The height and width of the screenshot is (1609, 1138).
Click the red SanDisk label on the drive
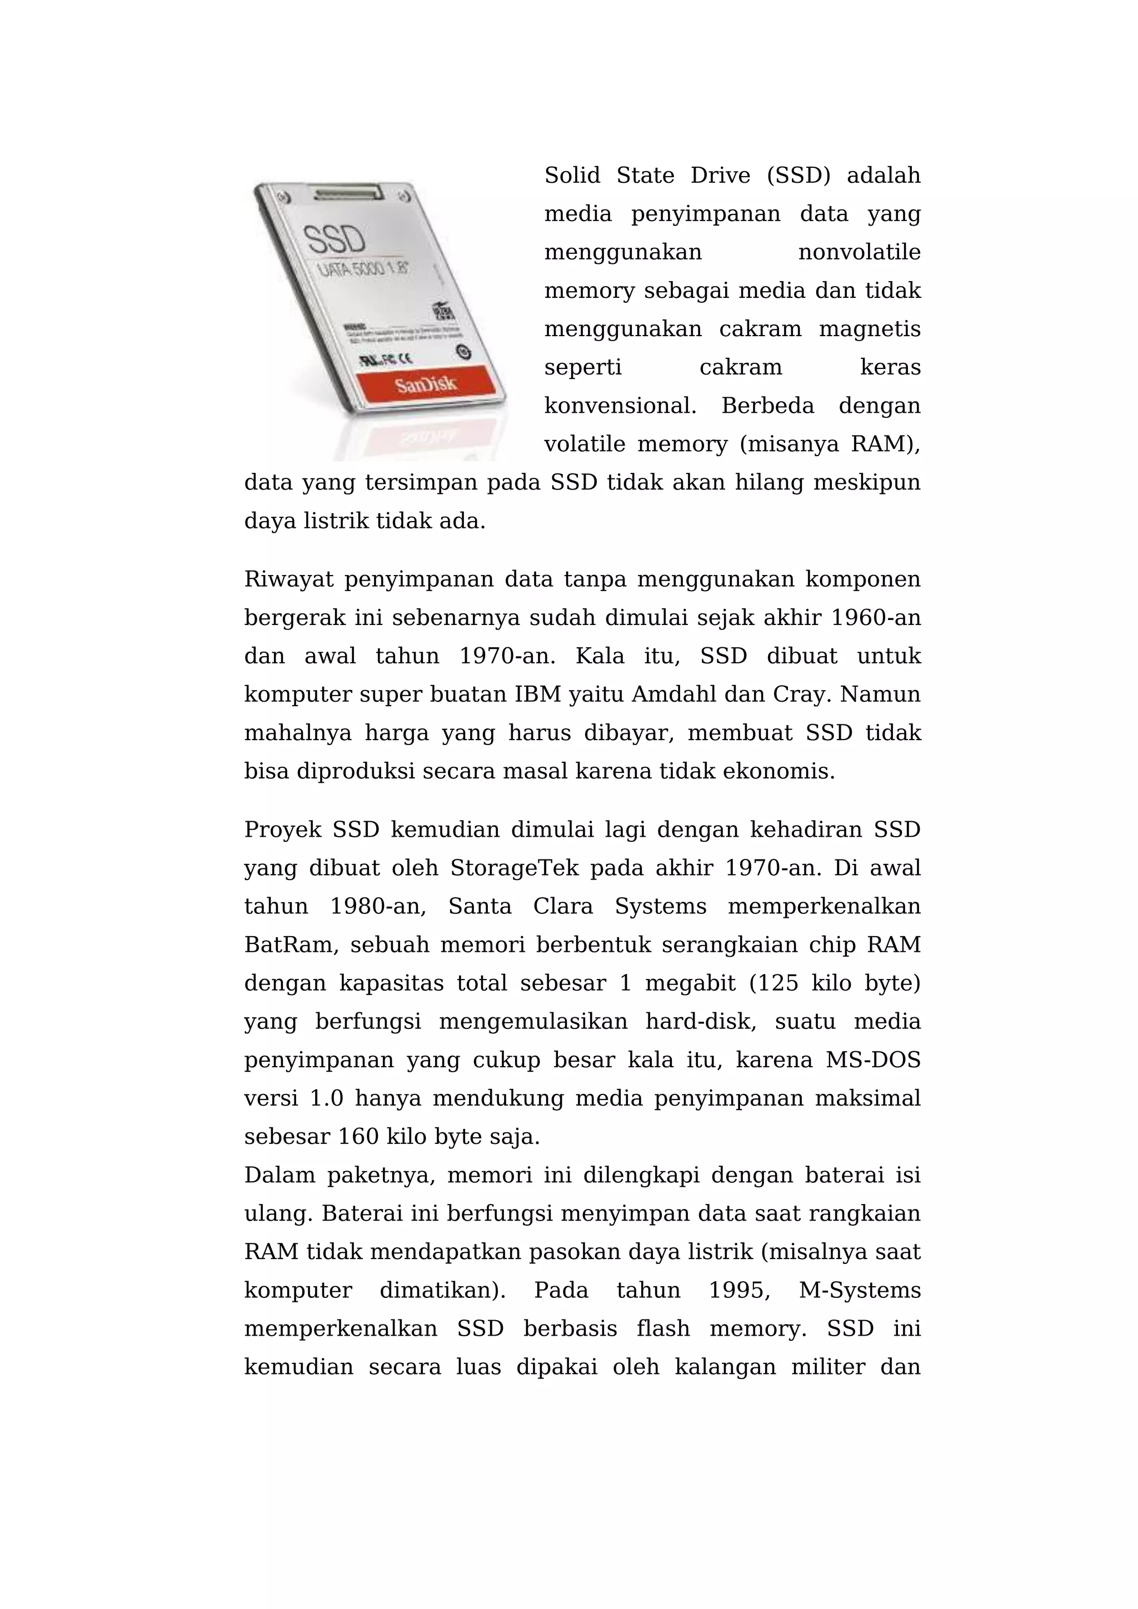[x=425, y=384]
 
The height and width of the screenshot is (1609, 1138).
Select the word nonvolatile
[x=859, y=252]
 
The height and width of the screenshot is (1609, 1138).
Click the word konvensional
[x=620, y=406]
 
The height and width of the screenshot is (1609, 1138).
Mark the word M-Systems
[x=859, y=1290]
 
